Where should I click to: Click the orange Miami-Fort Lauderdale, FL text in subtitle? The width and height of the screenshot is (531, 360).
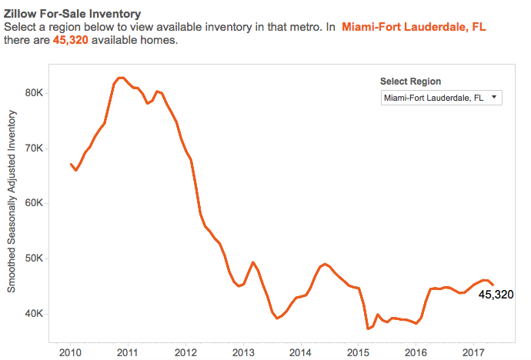coord(414,26)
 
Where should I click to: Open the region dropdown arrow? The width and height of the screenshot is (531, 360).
coord(493,98)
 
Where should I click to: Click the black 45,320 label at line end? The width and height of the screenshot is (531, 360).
coord(496,294)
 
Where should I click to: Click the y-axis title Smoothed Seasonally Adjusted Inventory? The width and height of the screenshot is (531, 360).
coord(12,201)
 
